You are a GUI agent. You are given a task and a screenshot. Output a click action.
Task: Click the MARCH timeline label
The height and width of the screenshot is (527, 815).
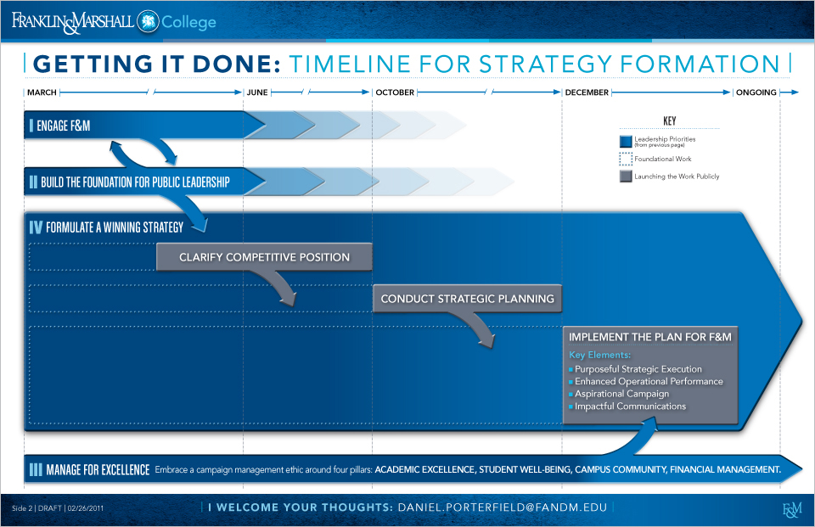pos(42,93)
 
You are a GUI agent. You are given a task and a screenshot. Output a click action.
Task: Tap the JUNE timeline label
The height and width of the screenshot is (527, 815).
pos(257,93)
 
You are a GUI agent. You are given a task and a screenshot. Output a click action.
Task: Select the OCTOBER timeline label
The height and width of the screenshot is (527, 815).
pos(395,93)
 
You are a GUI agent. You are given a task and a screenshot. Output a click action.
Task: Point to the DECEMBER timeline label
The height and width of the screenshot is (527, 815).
pos(587,93)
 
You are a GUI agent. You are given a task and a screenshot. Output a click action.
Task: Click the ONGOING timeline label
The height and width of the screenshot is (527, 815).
pos(756,93)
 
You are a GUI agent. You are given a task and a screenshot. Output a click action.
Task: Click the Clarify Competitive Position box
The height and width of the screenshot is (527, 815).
pos(264,257)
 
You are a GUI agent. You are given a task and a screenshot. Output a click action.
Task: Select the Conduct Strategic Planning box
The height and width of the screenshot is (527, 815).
pos(467,299)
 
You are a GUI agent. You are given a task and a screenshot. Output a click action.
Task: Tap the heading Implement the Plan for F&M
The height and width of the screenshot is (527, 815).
pos(649,337)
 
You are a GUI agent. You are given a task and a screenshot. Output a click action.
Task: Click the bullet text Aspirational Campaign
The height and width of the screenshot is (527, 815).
pos(621,394)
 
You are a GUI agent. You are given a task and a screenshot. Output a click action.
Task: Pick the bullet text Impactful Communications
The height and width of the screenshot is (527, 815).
pos(630,406)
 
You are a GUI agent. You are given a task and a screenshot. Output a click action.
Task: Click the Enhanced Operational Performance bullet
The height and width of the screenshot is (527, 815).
pos(649,382)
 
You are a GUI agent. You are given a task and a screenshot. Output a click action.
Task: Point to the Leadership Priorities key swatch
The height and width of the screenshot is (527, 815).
pos(626,142)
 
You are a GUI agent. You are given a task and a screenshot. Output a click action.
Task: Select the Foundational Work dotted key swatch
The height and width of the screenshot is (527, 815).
pos(626,159)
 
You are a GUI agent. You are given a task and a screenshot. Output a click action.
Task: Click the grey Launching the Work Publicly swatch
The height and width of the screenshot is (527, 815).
pos(626,177)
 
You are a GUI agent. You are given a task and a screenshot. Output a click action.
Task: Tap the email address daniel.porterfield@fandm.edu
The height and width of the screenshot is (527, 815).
pos(502,507)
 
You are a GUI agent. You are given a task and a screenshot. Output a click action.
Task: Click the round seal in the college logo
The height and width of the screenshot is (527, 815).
pos(148,21)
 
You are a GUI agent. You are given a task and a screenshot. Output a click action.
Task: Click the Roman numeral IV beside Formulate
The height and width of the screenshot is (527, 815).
pos(36,227)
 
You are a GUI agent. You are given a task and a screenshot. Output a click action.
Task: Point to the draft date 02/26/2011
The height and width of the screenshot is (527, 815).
pos(85,508)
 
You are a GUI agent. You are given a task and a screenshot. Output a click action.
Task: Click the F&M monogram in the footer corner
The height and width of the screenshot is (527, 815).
pos(792,510)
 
